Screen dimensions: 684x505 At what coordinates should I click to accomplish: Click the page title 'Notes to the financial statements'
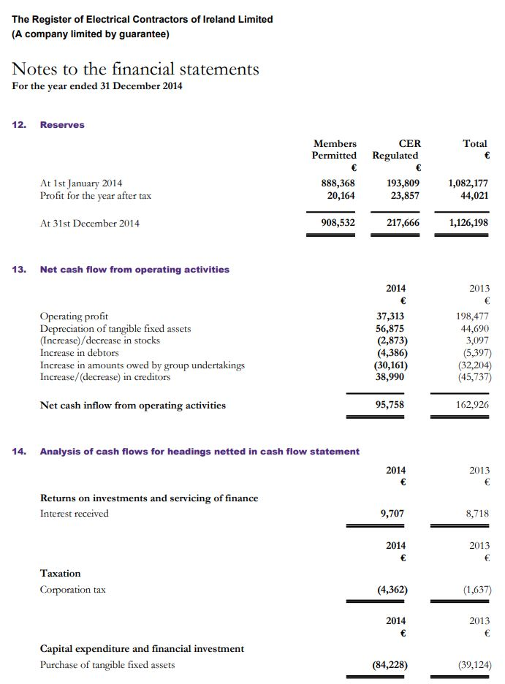[136, 69]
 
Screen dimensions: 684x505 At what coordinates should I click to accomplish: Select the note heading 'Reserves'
[62, 125]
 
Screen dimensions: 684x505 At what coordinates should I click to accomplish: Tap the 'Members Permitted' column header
[334, 150]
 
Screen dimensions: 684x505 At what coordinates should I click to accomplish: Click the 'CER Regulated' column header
[395, 150]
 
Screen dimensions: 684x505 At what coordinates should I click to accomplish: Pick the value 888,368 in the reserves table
[338, 183]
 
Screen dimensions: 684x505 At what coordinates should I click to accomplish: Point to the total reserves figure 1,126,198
[467, 223]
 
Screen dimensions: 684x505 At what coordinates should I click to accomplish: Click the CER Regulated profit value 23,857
[405, 195]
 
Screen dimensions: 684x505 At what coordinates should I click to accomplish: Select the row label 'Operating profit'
[74, 316]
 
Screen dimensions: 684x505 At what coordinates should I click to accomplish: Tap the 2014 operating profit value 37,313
[391, 316]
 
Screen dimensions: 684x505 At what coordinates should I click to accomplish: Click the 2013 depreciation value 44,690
[474, 329]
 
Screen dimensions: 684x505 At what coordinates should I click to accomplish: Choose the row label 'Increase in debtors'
[79, 353]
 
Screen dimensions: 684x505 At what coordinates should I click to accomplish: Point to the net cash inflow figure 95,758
[391, 405]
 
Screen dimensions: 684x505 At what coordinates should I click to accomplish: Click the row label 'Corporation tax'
[72, 590]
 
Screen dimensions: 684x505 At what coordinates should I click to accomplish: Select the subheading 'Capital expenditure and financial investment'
[142, 648]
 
